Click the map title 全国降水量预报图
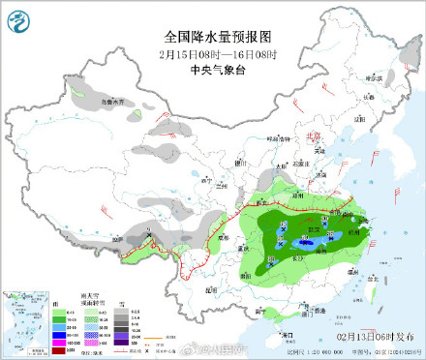point(213,37)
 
